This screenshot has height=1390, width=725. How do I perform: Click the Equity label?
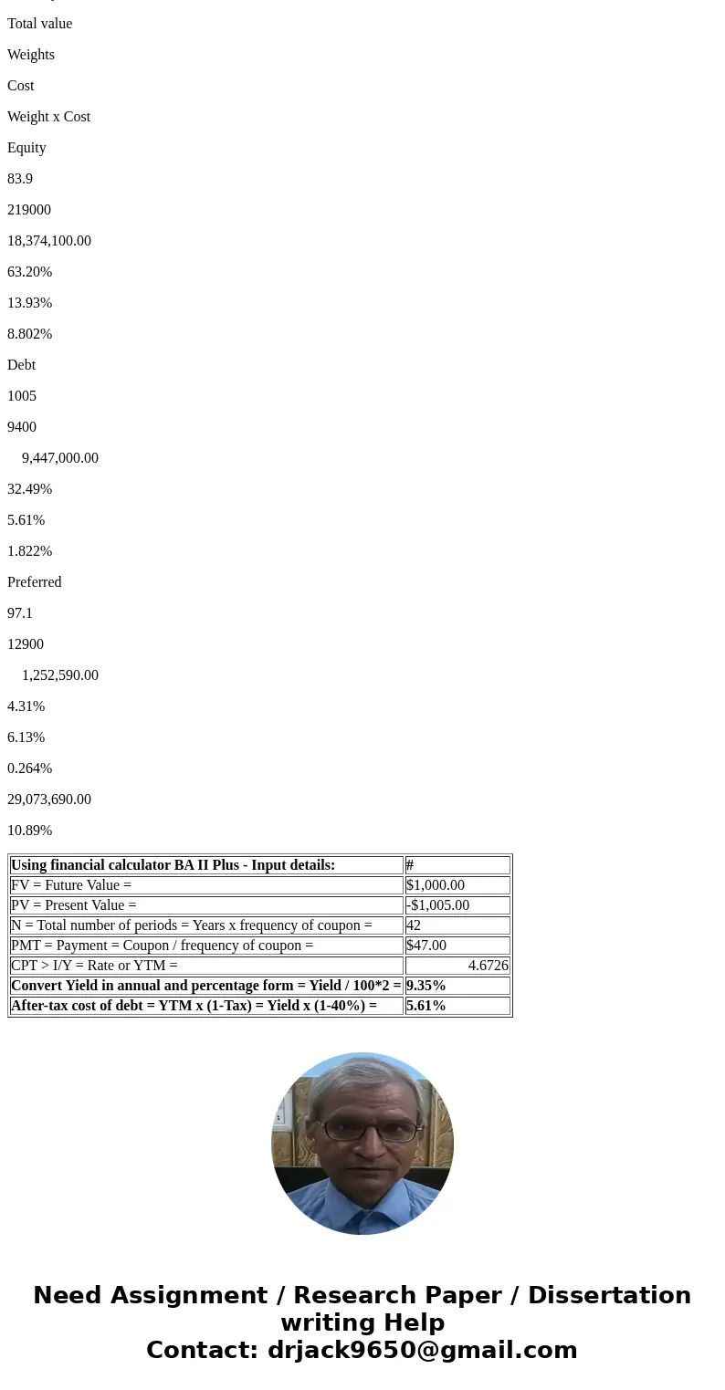click(x=26, y=148)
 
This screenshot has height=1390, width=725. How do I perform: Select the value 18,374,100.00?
click(x=49, y=241)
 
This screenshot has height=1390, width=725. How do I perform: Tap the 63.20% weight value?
click(x=29, y=272)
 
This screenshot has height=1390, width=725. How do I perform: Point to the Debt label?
click(x=22, y=365)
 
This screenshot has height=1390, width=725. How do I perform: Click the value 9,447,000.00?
click(x=60, y=458)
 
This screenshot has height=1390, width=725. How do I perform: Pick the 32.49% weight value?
click(x=29, y=489)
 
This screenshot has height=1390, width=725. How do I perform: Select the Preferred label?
click(x=35, y=582)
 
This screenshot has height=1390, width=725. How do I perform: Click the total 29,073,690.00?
click(x=49, y=800)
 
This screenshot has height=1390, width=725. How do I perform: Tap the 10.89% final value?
click(x=29, y=831)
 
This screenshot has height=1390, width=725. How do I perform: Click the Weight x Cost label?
click(x=49, y=117)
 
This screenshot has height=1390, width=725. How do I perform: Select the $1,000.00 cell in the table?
click(x=436, y=885)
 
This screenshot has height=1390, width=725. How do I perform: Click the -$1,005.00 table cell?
click(x=438, y=905)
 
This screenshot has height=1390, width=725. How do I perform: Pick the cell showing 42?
click(x=414, y=925)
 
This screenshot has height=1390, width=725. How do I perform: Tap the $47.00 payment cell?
click(x=426, y=946)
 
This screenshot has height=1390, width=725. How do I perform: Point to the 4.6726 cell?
click(x=488, y=966)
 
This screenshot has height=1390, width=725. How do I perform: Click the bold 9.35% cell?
click(x=426, y=986)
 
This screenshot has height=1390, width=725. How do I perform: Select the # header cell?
click(x=410, y=865)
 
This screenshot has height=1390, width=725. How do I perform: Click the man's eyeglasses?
click(x=370, y=1131)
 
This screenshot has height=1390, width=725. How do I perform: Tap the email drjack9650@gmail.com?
click(x=422, y=1351)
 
